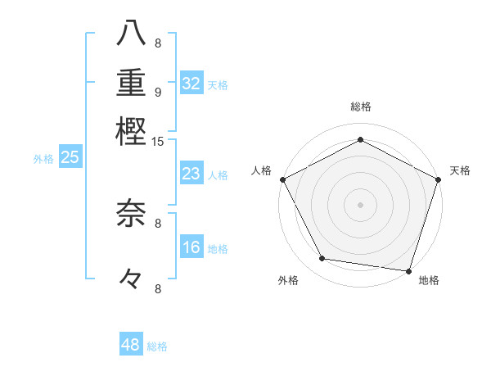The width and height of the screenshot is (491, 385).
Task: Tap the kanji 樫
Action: (131, 130)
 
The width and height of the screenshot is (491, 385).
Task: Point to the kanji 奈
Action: (131, 214)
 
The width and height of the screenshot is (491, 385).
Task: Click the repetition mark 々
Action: (131, 279)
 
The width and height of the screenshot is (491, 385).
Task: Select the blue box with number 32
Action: (191, 84)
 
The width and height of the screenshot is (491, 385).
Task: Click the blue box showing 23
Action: (191, 174)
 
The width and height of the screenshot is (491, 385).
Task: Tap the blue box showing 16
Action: (191, 247)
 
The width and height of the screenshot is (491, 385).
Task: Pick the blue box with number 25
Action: (70, 158)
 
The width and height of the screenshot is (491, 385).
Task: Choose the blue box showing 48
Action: (131, 345)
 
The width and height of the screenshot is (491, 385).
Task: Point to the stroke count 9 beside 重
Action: (158, 92)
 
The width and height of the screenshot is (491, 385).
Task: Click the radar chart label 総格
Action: (361, 106)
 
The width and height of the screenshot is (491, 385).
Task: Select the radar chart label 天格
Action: (460, 170)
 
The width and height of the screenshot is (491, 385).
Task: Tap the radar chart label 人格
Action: (262, 170)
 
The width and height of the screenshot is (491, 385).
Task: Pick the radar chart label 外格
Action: (288, 281)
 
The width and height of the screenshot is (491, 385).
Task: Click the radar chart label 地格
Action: (429, 281)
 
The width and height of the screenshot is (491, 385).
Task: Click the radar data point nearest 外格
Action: (322, 259)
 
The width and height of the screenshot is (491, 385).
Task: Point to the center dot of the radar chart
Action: (361, 204)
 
